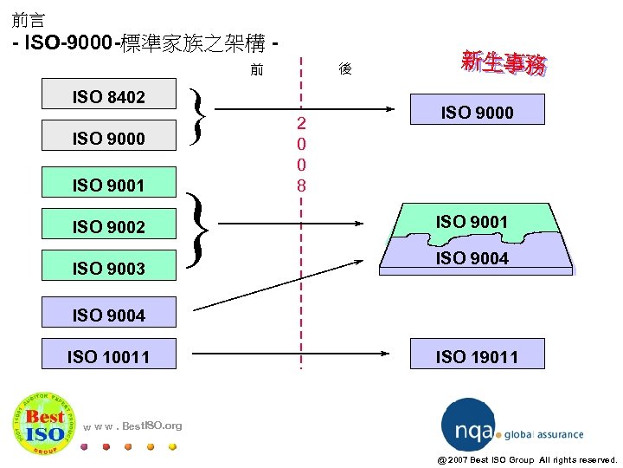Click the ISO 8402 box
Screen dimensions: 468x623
pos(109,97)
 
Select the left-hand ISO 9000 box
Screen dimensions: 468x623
pos(109,139)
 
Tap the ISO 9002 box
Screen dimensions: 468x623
pos(109,227)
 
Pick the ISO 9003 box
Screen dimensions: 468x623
pos(109,269)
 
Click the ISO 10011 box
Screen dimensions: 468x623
pos(109,356)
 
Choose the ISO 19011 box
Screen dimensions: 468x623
pos(477,356)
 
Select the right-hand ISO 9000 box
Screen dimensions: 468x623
pos(477,112)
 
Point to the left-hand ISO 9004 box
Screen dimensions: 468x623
pos(109,315)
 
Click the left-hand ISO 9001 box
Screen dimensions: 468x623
pos(109,185)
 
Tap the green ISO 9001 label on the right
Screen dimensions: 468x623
pos(472,222)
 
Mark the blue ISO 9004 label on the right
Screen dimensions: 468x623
pos(472,257)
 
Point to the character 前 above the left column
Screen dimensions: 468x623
pos(257,69)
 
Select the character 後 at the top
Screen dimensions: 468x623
pos(344,69)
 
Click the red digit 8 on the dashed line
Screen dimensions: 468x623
pos(301,185)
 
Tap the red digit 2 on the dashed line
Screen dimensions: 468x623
pos(301,122)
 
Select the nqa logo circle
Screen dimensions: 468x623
pos(468,426)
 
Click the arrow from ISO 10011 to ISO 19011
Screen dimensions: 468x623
pos(286,353)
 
